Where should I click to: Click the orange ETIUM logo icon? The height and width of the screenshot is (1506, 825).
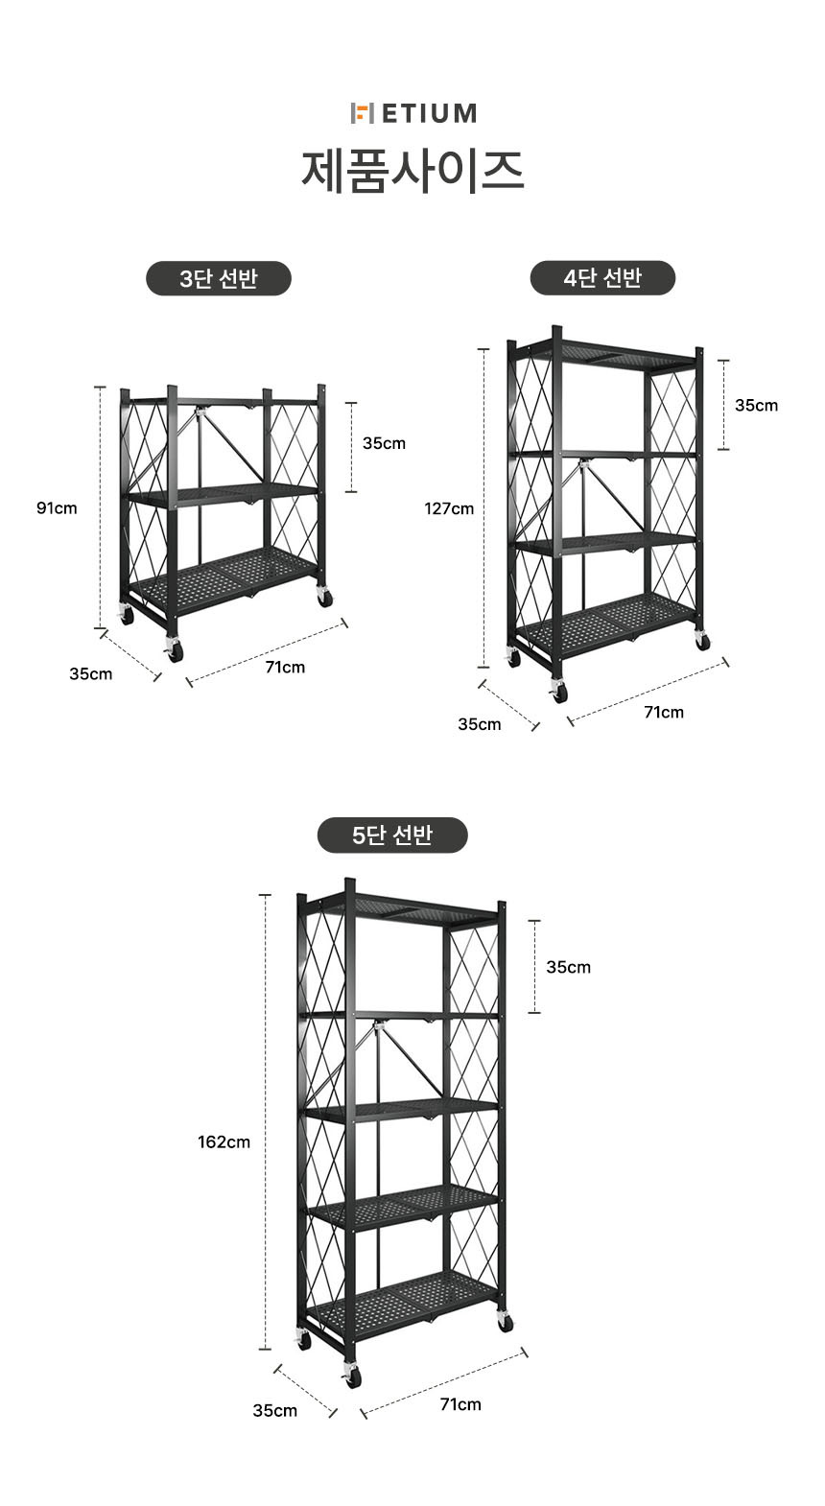click(362, 113)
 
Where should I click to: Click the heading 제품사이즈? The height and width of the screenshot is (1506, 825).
click(412, 172)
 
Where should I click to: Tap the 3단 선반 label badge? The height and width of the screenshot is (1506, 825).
click(219, 278)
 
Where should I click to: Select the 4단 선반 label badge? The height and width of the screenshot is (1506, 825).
click(602, 277)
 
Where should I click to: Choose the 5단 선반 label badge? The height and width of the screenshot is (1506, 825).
click(392, 835)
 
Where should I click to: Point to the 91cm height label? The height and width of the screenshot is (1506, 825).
click(57, 508)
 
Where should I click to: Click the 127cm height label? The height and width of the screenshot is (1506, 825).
click(449, 509)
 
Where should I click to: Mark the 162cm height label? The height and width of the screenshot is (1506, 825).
click(224, 1141)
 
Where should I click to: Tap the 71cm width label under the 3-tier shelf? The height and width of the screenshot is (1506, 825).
click(285, 667)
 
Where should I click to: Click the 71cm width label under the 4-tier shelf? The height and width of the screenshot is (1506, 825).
click(664, 712)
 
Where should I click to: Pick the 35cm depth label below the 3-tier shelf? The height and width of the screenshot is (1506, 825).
click(91, 673)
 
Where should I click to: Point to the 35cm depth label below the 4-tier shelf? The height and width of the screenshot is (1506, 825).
click(480, 724)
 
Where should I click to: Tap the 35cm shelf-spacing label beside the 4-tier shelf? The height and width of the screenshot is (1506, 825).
click(757, 406)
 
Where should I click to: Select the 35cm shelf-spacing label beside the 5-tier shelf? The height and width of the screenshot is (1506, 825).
click(568, 968)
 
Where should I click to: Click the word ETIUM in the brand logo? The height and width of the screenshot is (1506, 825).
click(430, 113)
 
